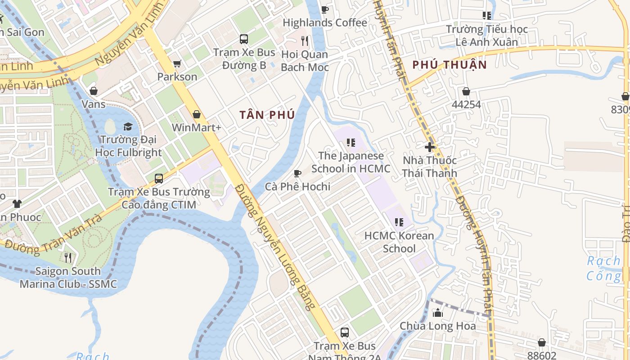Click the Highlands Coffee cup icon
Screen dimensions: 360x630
coord(324,9)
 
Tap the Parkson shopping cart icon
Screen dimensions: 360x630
coord(177,64)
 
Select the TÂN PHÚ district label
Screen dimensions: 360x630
coord(267,115)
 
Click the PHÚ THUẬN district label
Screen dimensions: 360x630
coord(450,65)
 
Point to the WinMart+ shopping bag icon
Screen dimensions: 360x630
coord(196,114)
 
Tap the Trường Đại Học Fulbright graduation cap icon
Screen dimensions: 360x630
coord(128,126)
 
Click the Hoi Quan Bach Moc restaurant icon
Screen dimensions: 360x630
coord(305,41)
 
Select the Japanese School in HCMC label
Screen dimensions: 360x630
coord(351,162)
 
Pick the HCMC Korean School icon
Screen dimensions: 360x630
coord(399,222)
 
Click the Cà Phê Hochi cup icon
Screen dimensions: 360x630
coord(297,173)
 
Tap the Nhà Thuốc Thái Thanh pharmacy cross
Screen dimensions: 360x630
coord(430,147)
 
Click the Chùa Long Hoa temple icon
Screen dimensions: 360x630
coord(438,312)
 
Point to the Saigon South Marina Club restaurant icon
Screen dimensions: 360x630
coord(68,257)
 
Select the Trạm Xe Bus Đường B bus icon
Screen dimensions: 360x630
coord(244,39)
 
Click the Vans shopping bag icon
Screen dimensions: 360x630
coord(94,91)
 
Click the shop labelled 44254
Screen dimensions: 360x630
coord(466,91)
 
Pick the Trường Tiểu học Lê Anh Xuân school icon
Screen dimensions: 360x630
coord(486,16)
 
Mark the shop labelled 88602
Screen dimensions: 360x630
coord(542,342)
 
